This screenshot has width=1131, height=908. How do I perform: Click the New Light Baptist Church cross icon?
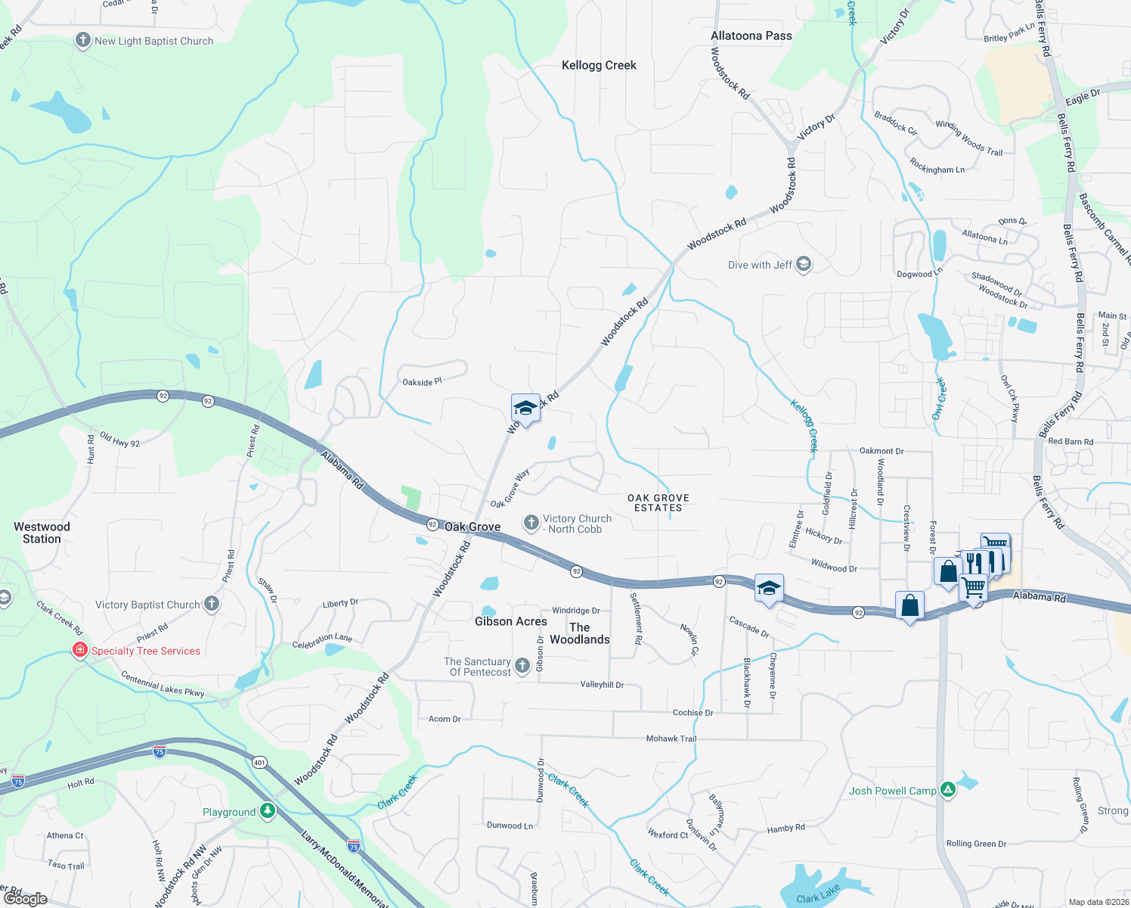click(x=83, y=41)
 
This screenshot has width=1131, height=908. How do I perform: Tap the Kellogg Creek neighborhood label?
click(x=599, y=66)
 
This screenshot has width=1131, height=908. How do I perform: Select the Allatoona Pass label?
click(x=751, y=36)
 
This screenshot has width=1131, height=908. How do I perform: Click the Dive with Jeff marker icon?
click(x=804, y=264)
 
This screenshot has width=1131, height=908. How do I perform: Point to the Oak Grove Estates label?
click(x=658, y=503)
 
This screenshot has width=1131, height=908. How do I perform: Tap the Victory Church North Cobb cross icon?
click(x=531, y=523)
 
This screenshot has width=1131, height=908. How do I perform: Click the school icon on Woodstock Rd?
click(x=525, y=409)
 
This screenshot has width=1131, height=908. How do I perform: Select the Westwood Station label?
click(x=42, y=533)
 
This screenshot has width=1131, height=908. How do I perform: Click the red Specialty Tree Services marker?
click(x=79, y=650)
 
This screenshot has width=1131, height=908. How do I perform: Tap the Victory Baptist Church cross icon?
click(x=212, y=604)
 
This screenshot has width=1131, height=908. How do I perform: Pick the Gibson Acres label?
click(x=510, y=621)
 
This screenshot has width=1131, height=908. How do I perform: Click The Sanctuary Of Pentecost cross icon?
click(x=522, y=665)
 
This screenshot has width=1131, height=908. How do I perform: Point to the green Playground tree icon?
click(x=267, y=811)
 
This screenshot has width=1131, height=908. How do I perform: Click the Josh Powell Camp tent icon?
click(x=948, y=790)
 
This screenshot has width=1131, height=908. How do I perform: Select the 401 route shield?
click(x=259, y=762)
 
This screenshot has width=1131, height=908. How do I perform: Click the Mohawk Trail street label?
click(x=671, y=739)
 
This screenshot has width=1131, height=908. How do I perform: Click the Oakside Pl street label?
click(x=422, y=382)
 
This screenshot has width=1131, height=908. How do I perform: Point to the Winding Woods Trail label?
click(x=969, y=138)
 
